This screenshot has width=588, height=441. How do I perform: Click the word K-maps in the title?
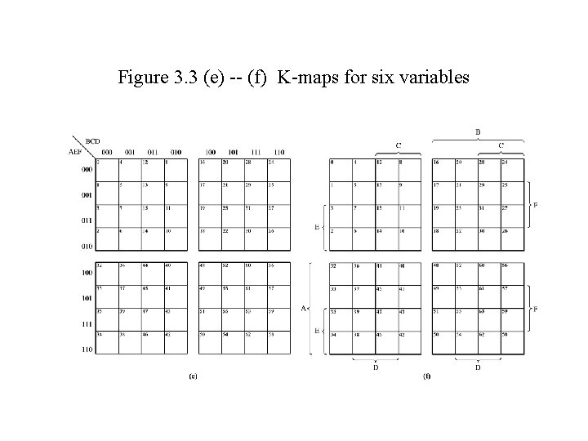(x=303, y=78)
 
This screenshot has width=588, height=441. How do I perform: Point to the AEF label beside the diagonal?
(x=74, y=151)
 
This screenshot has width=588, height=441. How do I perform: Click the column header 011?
(x=153, y=152)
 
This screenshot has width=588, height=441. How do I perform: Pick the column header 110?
(x=278, y=152)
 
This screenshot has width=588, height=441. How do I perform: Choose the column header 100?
(x=210, y=152)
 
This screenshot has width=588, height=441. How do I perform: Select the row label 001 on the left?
(x=87, y=196)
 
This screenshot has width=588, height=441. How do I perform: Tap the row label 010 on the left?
(x=87, y=245)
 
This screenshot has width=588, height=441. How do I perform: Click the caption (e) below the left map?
(x=193, y=376)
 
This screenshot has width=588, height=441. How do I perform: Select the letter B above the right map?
(x=478, y=131)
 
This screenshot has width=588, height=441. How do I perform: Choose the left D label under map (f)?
(x=375, y=367)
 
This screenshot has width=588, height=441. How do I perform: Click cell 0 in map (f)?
(x=332, y=163)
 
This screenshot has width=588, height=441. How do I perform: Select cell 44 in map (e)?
(x=145, y=265)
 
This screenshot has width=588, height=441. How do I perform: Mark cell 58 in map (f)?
(x=504, y=335)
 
